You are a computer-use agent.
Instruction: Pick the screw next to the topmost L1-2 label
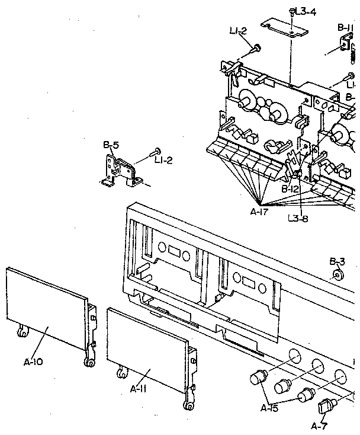tap(258, 48)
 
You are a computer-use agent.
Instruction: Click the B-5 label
tap(111, 144)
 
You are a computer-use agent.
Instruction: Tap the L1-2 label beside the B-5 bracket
tap(163, 160)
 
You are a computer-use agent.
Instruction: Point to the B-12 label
tap(290, 188)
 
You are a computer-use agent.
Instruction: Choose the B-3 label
tap(337, 261)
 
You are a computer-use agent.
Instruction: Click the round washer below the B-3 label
tap(338, 274)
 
